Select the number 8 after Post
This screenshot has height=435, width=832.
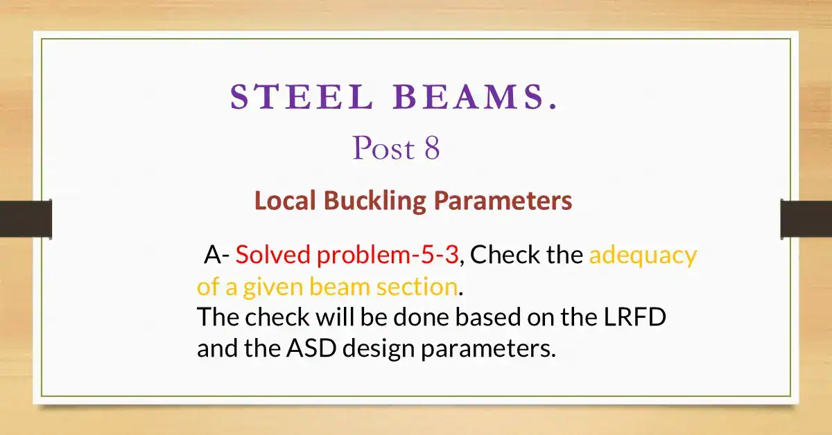click(x=431, y=148)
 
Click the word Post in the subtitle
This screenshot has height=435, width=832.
click(x=381, y=148)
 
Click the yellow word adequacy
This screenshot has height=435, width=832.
click(x=643, y=256)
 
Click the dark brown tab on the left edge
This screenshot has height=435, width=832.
click(x=26, y=219)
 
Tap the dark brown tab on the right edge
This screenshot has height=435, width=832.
click(x=806, y=219)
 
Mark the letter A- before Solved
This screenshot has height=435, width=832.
click(x=216, y=256)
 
